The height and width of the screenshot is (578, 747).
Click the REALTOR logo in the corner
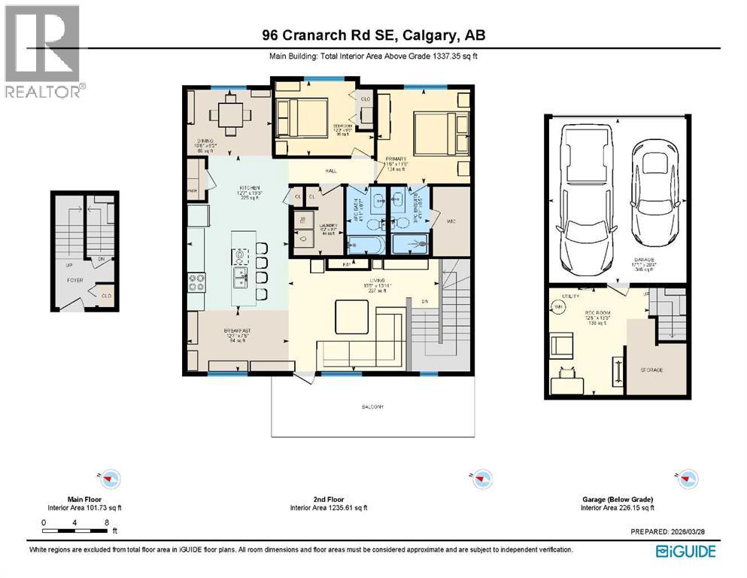point(42,51)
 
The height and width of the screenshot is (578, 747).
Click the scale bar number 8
point(108,522)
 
